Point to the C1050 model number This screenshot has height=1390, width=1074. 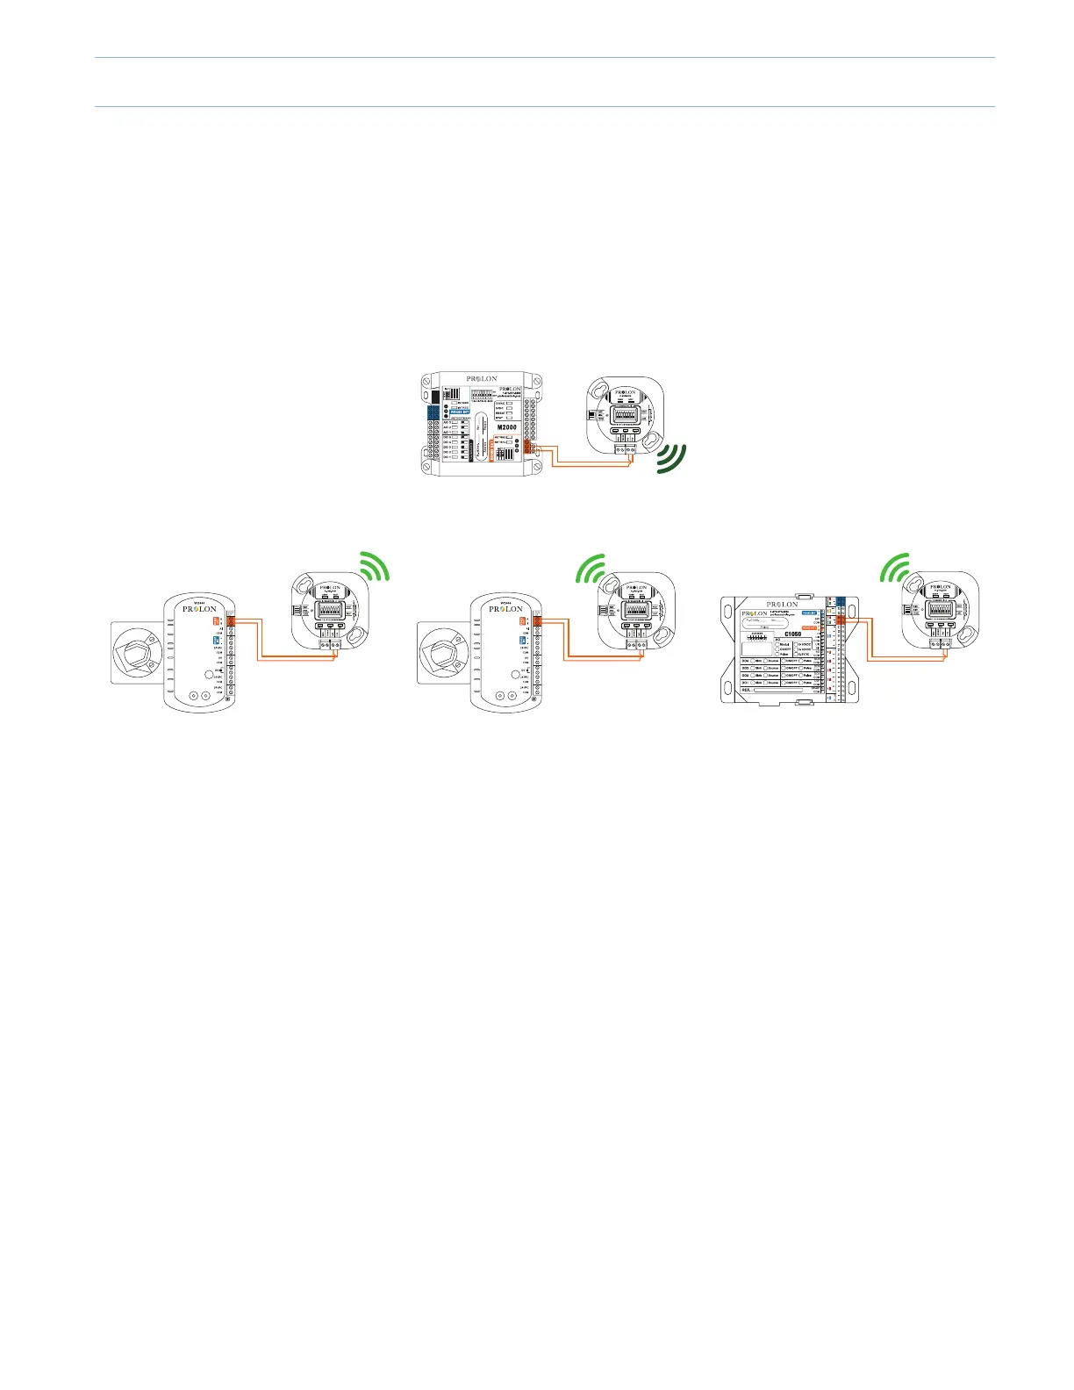click(x=792, y=634)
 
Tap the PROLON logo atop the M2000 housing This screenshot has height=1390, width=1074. click(x=482, y=379)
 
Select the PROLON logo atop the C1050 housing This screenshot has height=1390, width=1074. click(x=782, y=604)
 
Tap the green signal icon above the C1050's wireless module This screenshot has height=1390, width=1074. click(x=896, y=567)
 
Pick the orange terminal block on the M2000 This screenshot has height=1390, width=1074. click(x=527, y=447)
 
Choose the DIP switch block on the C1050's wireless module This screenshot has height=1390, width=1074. click(x=940, y=607)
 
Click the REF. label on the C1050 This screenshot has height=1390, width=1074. click(x=747, y=690)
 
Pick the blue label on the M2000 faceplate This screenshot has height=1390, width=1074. click(x=460, y=410)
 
